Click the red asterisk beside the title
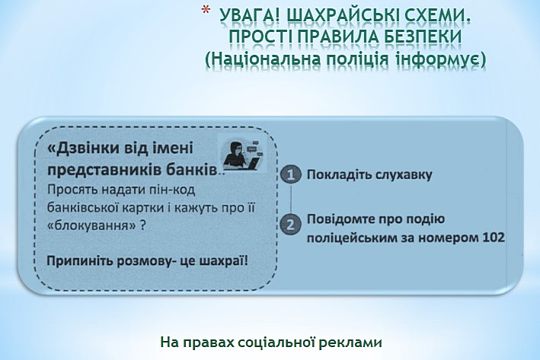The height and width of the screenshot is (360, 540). coord(206,10)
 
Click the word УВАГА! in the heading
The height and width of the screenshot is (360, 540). coord(250,17)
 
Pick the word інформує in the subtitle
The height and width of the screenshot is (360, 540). coord(440,59)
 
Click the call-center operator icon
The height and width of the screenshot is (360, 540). coord(241,155)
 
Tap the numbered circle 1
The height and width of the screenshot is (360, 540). coord(291,175)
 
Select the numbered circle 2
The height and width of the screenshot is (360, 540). coord(291,225)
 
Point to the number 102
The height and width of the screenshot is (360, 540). coord(494,237)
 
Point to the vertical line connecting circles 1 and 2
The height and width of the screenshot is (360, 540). coord(291,199)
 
